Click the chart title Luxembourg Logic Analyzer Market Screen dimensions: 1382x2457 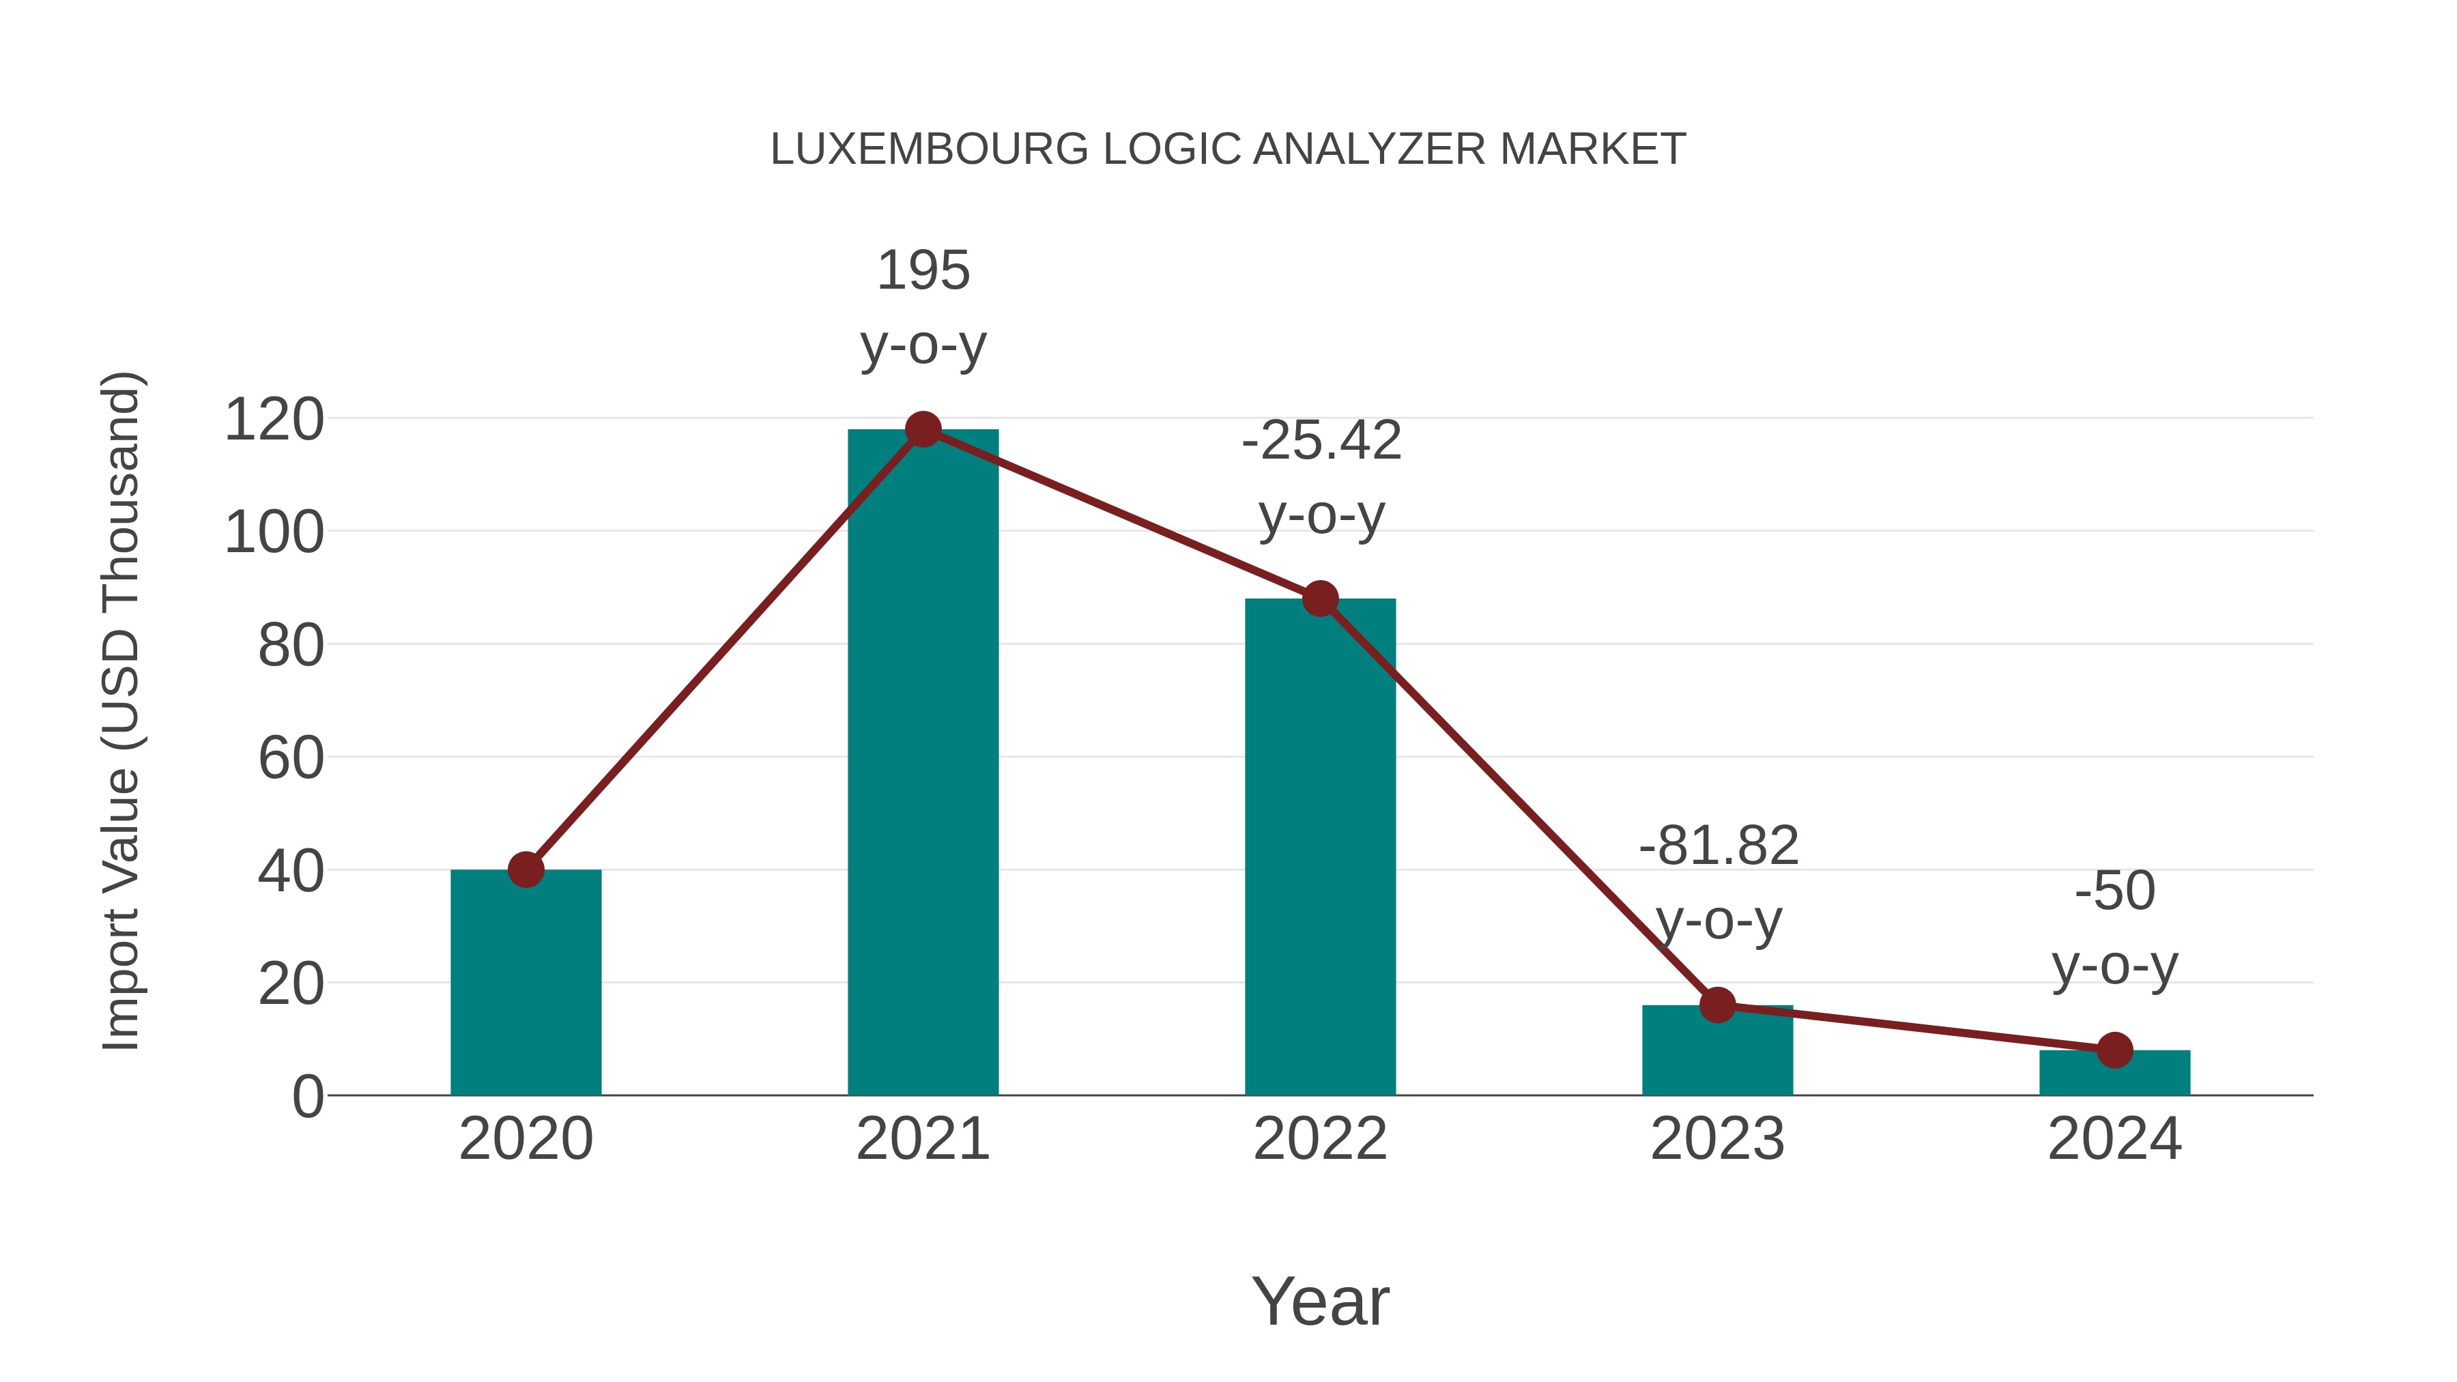(x=1228, y=149)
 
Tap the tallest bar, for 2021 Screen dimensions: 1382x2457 (x=922, y=763)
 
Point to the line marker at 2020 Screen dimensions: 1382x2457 (x=526, y=870)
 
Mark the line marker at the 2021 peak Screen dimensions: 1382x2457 (x=922, y=429)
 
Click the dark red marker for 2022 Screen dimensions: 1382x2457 (x=1320, y=599)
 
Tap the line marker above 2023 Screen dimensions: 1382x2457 (x=1717, y=1005)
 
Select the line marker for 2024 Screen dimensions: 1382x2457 (x=2114, y=1050)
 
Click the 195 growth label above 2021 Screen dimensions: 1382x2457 (x=922, y=271)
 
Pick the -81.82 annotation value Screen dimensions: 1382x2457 (x=1718, y=846)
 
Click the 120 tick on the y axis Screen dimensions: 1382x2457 (x=274, y=420)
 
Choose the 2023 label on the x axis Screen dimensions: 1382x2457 (x=1717, y=1139)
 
